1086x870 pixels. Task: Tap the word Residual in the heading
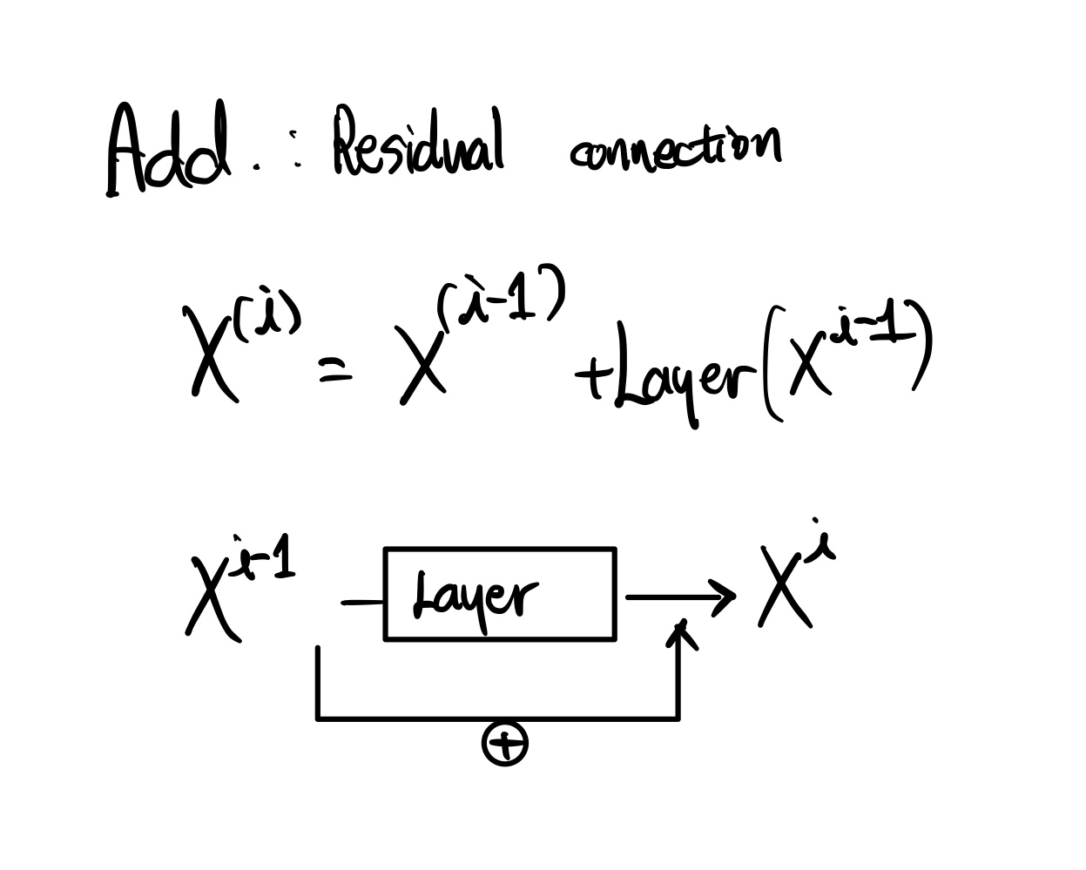pos(419,143)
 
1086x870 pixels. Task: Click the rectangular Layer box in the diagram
pos(500,595)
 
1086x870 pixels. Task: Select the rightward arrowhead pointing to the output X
pos(722,597)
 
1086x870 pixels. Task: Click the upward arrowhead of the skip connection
pos(683,634)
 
